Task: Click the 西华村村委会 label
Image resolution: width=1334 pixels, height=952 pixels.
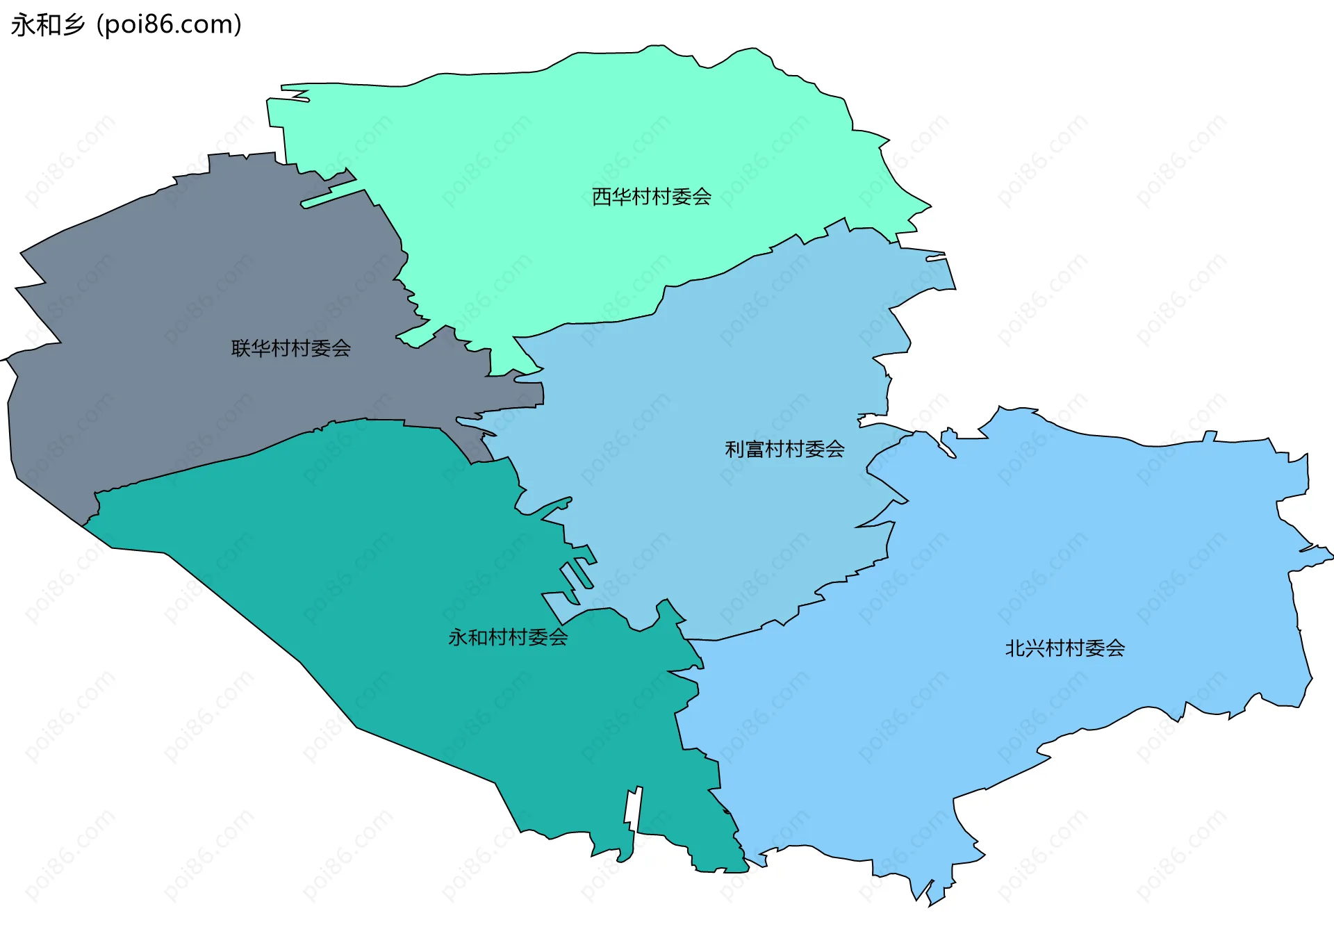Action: tap(651, 197)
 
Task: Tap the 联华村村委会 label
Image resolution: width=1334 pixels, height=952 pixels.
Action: tap(290, 348)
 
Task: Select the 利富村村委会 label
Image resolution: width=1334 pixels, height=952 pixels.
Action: tap(784, 449)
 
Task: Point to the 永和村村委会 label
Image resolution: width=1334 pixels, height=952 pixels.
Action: tap(508, 637)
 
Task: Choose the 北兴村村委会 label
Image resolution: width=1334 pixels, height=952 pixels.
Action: tap(1064, 648)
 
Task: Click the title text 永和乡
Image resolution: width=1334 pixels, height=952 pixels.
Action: tap(47, 25)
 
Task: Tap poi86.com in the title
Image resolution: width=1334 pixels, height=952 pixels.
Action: tap(169, 25)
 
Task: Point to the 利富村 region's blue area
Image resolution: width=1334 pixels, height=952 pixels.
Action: tap(730, 361)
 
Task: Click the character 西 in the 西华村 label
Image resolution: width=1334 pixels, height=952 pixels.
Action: tap(601, 197)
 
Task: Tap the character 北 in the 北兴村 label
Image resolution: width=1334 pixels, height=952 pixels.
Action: tap(1014, 648)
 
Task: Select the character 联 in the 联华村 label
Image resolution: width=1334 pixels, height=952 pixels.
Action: tap(240, 348)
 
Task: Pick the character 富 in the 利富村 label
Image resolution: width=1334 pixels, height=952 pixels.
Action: tap(755, 449)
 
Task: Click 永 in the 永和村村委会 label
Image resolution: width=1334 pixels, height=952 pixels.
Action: tap(458, 637)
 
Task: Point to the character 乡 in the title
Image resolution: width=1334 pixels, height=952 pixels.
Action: tap(73, 25)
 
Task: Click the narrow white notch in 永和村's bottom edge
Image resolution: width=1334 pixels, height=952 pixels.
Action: tap(632, 810)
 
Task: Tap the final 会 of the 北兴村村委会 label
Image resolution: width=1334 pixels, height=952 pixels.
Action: tap(1115, 648)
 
